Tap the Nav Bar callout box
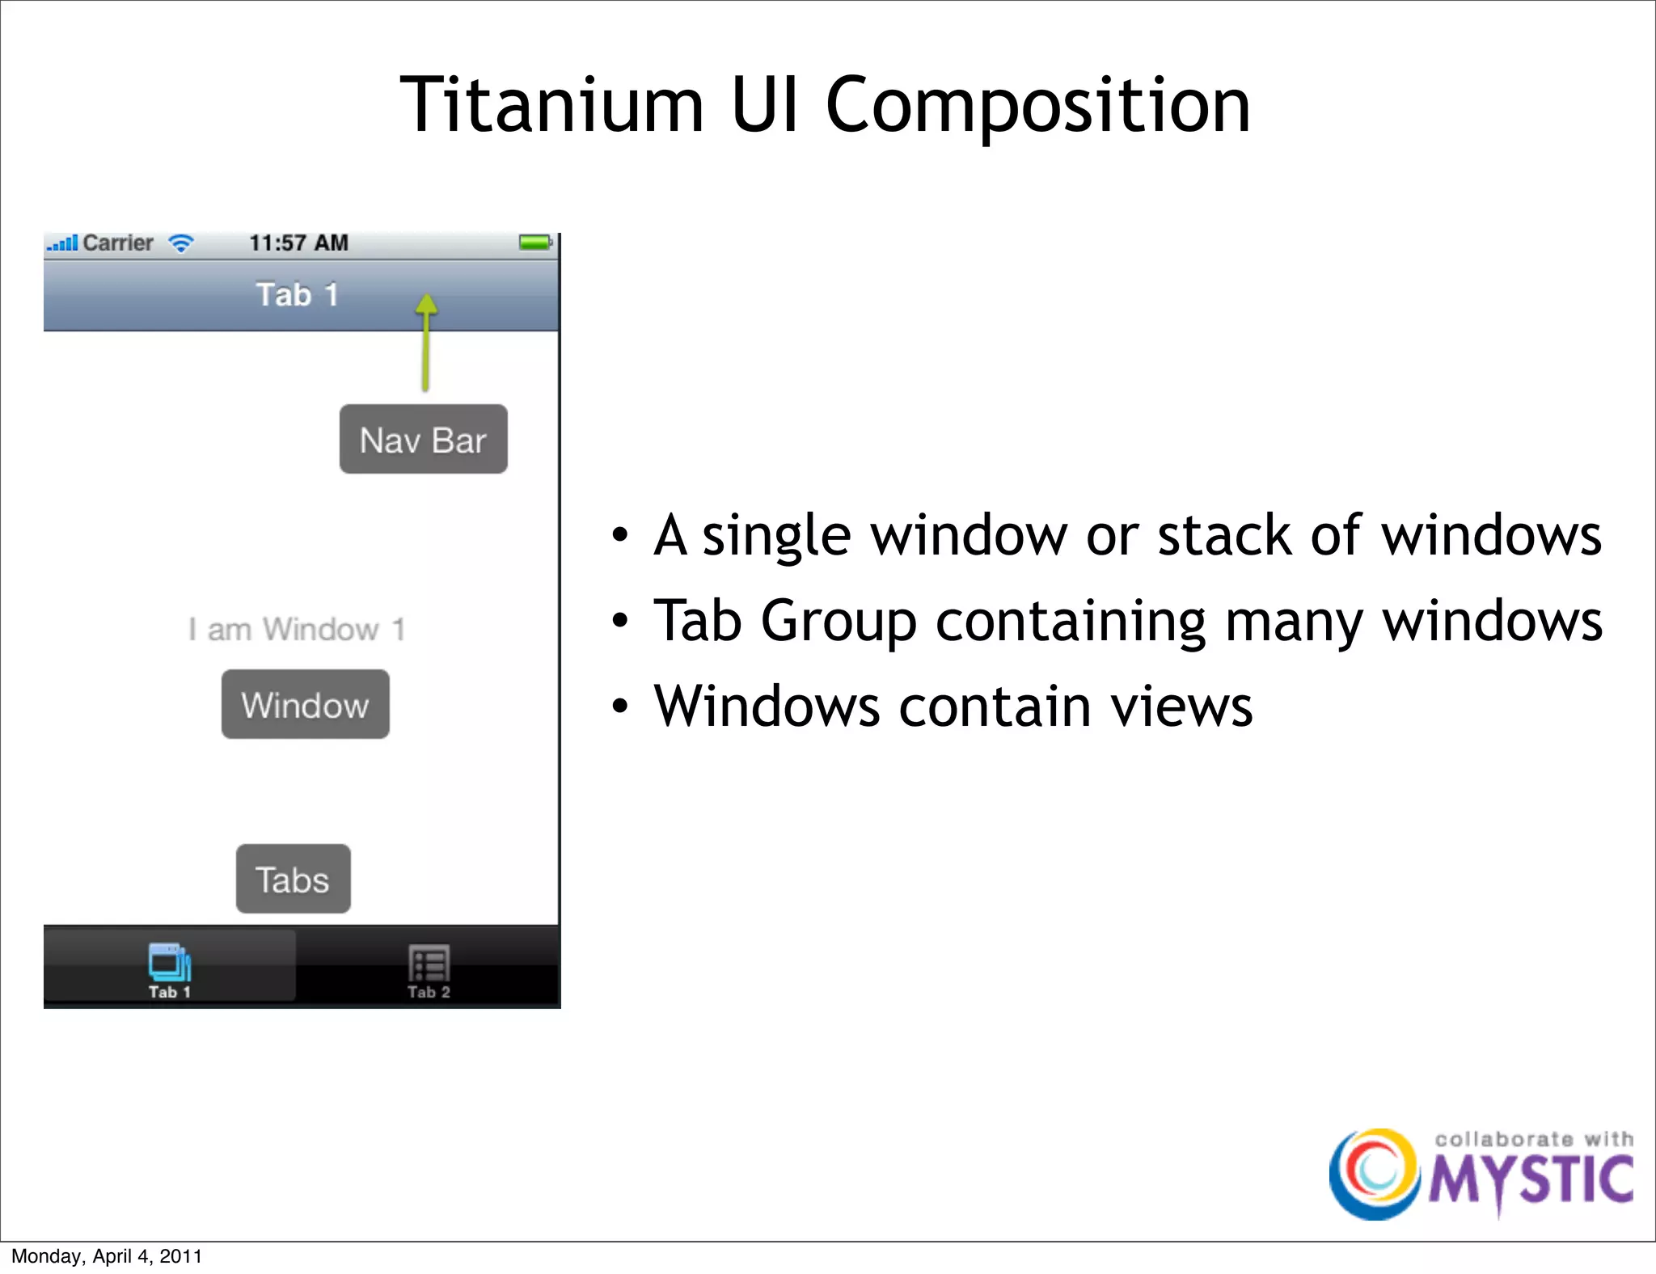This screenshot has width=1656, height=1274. [423, 440]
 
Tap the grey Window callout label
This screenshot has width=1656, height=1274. [305, 705]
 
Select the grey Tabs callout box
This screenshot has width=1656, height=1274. [293, 880]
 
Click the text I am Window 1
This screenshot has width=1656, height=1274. [297, 629]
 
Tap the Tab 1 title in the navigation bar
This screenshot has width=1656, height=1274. [297, 295]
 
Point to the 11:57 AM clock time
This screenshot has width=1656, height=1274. [298, 243]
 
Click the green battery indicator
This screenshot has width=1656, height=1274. [534, 242]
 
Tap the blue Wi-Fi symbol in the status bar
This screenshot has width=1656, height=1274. [181, 243]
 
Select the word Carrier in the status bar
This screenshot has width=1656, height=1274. [118, 243]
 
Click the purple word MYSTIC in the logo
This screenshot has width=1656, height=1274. [1531, 1180]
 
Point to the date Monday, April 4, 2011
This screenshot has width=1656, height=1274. [107, 1256]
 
